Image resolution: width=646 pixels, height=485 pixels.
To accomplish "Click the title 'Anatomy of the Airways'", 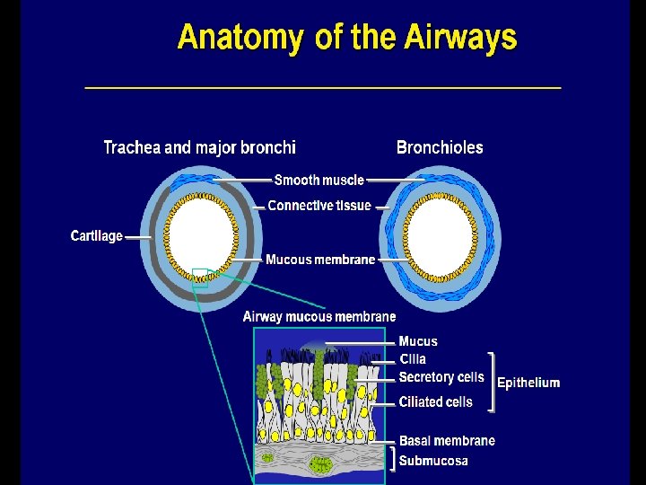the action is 347,39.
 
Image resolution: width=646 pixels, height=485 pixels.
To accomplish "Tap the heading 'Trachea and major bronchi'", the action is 199,147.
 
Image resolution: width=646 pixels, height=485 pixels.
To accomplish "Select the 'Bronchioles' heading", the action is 440,147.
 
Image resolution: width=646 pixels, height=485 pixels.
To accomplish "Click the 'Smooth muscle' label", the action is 319,180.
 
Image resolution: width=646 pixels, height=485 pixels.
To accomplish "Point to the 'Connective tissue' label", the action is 319,206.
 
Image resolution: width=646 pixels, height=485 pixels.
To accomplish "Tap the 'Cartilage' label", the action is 96,236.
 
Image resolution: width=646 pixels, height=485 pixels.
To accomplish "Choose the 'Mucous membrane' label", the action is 320,260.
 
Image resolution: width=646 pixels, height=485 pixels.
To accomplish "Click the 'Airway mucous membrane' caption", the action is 319,317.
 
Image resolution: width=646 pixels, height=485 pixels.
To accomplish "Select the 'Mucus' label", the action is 418,341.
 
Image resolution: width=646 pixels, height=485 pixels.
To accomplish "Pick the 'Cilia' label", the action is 413,359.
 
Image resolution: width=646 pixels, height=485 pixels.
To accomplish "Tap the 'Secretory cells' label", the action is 441,377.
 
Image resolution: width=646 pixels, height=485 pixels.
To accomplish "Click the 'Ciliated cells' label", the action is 435,402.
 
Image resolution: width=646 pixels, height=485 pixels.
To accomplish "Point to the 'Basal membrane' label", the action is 447,441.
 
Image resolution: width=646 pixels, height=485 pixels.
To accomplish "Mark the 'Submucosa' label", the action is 433,461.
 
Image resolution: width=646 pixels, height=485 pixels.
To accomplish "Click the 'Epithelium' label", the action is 529,383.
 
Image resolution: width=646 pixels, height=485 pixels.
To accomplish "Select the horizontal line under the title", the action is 323,87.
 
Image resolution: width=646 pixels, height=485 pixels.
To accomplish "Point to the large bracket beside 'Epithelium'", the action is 491,382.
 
